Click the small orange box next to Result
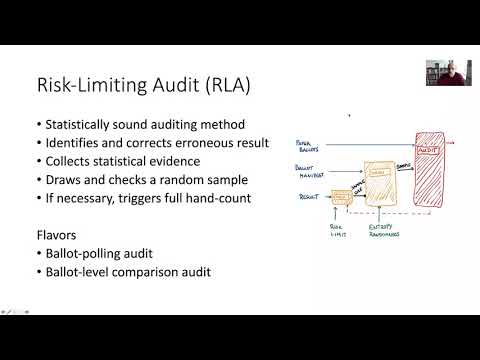click(x=341, y=198)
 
